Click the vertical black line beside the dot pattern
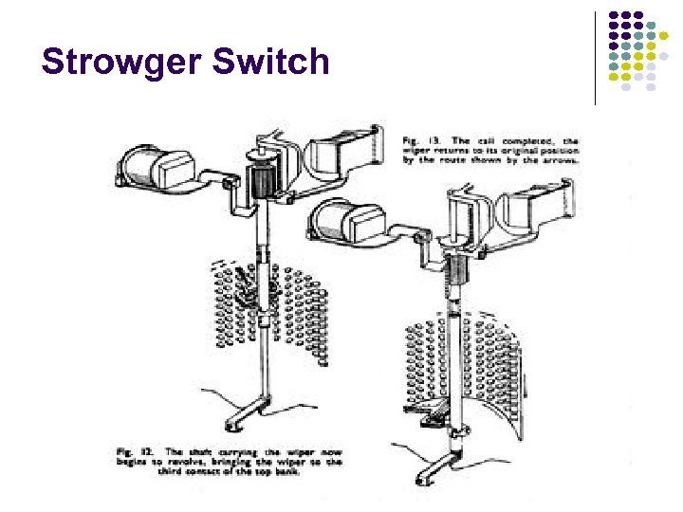[x=595, y=57]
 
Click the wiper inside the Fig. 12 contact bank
[x=251, y=294]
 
